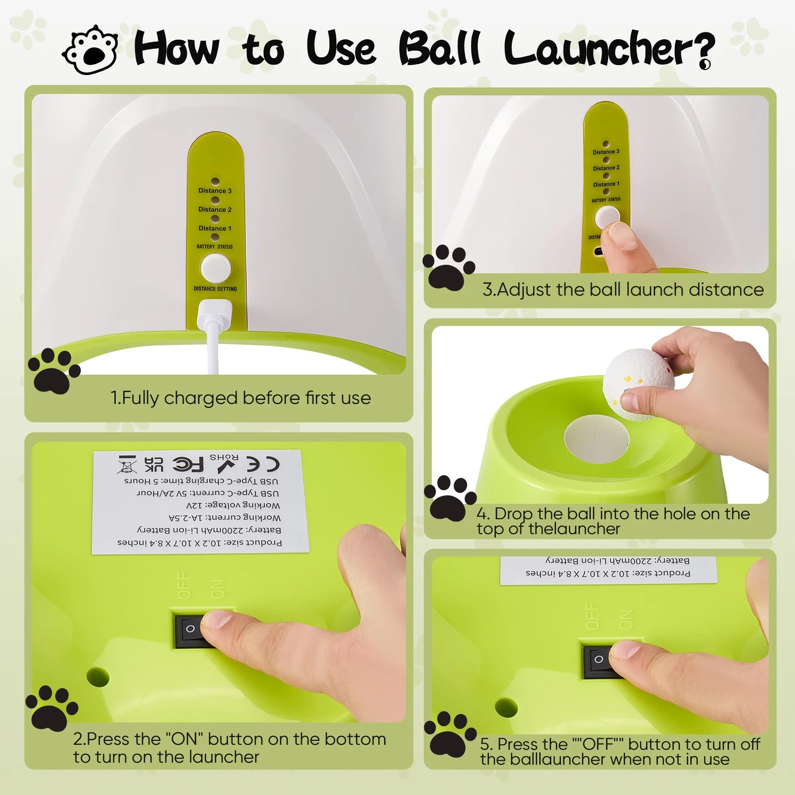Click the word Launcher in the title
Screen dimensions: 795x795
[x=609, y=48]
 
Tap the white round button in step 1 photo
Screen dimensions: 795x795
[x=215, y=268]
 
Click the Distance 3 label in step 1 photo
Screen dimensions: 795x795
[x=215, y=191]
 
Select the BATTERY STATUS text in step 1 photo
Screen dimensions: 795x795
[x=215, y=246]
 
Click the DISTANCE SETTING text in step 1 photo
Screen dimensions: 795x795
[x=215, y=289]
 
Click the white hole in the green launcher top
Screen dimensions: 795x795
[x=596, y=439]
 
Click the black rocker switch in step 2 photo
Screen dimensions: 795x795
[x=194, y=630]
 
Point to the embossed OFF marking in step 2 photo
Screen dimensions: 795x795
[x=184, y=585]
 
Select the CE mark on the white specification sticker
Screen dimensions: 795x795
[x=263, y=465]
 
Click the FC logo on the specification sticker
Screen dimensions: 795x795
[x=188, y=465]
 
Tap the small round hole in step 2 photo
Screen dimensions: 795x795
[x=98, y=677]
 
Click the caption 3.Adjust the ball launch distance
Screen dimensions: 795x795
[x=623, y=289]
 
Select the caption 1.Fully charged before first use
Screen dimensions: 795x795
[x=240, y=398]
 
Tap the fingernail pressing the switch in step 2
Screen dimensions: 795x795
[x=217, y=620]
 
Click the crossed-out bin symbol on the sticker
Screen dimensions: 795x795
[x=127, y=464]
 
